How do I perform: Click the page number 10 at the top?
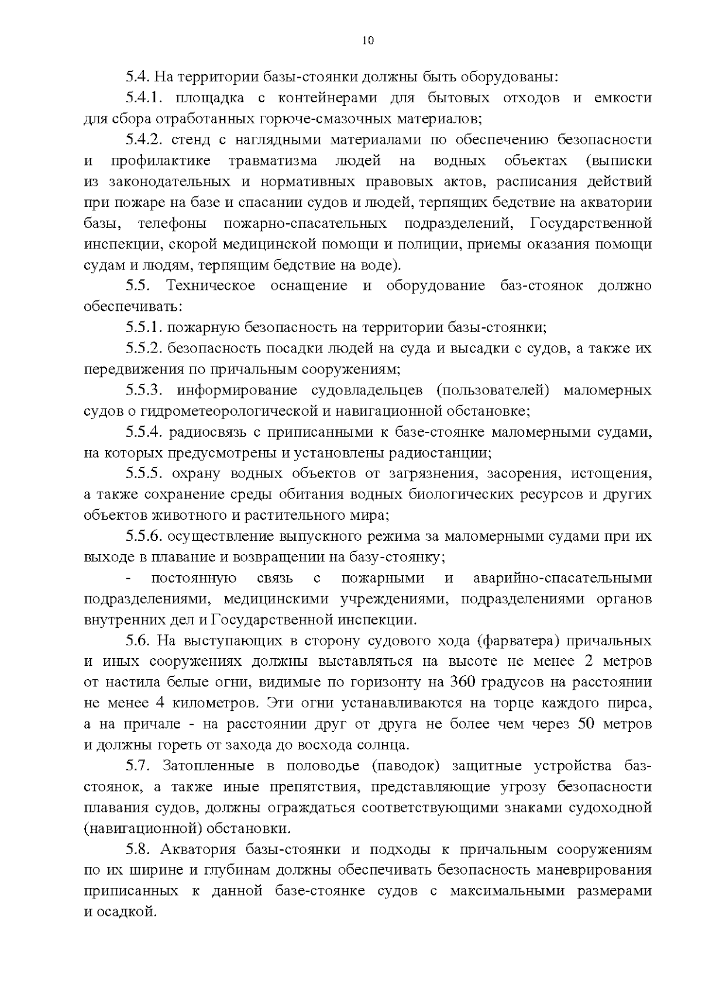pos(367,40)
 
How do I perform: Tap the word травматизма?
pos(273,161)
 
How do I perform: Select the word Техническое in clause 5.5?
pos(211,286)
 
